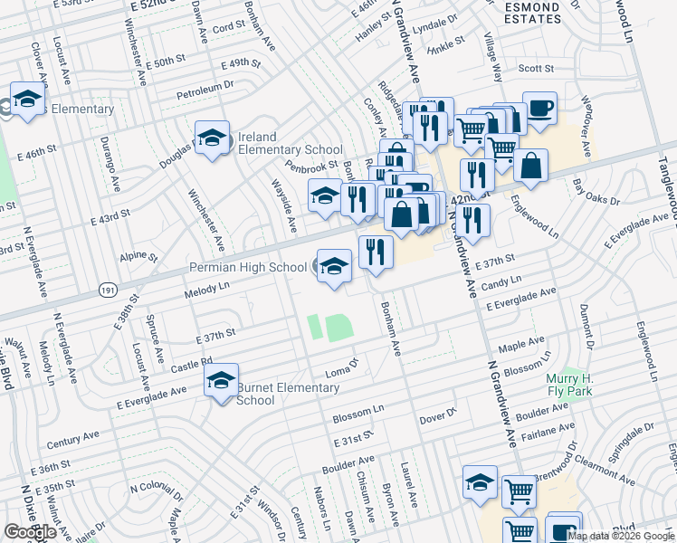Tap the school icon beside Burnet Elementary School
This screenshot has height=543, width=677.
[x=220, y=382]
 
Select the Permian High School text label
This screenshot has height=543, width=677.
[x=247, y=268]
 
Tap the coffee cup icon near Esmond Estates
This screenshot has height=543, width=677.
[x=539, y=109]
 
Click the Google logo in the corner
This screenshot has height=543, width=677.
[x=30, y=532]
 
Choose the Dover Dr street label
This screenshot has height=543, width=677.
[x=439, y=418]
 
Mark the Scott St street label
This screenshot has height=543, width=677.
[x=536, y=68]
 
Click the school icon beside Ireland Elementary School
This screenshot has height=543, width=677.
[x=213, y=138]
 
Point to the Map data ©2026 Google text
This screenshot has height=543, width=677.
[x=621, y=536]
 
